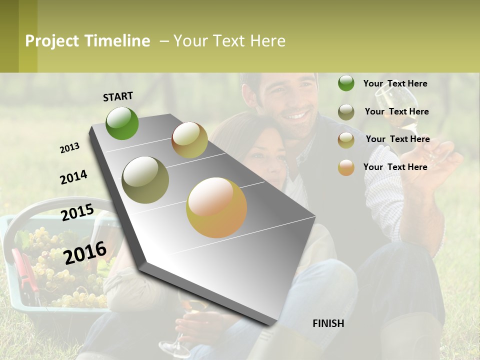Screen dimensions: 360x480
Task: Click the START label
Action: (118, 96)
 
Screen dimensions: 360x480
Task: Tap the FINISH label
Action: (328, 323)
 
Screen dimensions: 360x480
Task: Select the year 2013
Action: (69, 147)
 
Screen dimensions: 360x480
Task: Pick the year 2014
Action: (73, 177)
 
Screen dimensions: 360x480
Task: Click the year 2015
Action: (77, 212)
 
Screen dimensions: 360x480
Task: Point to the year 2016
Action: (85, 252)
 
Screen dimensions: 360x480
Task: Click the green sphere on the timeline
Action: (122, 123)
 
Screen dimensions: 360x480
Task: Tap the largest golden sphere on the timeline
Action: (216, 207)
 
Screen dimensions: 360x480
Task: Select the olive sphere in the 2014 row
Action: (145, 179)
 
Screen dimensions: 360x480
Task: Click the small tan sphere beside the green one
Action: (189, 139)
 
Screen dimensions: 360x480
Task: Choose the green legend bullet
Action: (346, 83)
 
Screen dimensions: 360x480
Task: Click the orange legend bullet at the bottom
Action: (346, 167)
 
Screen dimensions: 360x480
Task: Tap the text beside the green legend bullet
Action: (395, 83)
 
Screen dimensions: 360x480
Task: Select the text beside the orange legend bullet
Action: (395, 167)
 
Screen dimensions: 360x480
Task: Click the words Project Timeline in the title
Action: (87, 41)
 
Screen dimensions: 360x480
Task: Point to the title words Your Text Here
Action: (229, 41)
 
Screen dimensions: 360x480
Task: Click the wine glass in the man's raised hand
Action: (400, 112)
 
